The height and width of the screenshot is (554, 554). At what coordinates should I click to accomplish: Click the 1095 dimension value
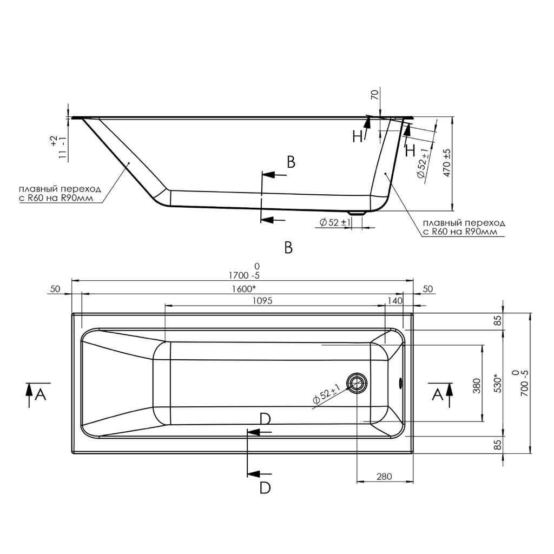tap(262, 301)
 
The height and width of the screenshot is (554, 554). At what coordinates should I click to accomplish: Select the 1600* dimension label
tap(244, 289)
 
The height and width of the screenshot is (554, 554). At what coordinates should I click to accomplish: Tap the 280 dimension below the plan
tap(384, 477)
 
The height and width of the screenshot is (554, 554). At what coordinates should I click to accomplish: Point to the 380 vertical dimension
tap(477, 386)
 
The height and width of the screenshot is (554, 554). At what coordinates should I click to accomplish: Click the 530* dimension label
tap(498, 384)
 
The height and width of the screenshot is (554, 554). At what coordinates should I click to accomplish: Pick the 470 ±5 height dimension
tap(447, 162)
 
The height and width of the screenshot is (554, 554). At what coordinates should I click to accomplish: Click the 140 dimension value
tap(395, 301)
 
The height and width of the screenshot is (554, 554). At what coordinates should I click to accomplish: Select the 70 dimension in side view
tap(375, 95)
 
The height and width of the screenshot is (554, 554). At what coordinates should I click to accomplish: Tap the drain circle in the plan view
tap(357, 382)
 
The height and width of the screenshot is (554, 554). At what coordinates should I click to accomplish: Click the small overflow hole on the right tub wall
tap(400, 382)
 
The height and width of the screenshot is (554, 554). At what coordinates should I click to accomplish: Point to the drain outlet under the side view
tap(357, 213)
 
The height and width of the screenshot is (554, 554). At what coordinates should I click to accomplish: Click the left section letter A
tap(41, 394)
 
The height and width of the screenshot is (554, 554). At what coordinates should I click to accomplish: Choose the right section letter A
tap(437, 394)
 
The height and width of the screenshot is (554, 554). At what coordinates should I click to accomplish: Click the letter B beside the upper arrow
tap(291, 162)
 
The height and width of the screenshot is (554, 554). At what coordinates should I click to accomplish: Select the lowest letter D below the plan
tap(265, 488)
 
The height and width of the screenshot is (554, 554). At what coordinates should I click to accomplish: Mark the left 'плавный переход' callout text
tap(60, 193)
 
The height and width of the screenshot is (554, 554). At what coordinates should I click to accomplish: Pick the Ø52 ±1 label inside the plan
tap(326, 394)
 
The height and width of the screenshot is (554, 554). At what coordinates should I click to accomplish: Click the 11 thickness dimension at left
tap(63, 148)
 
